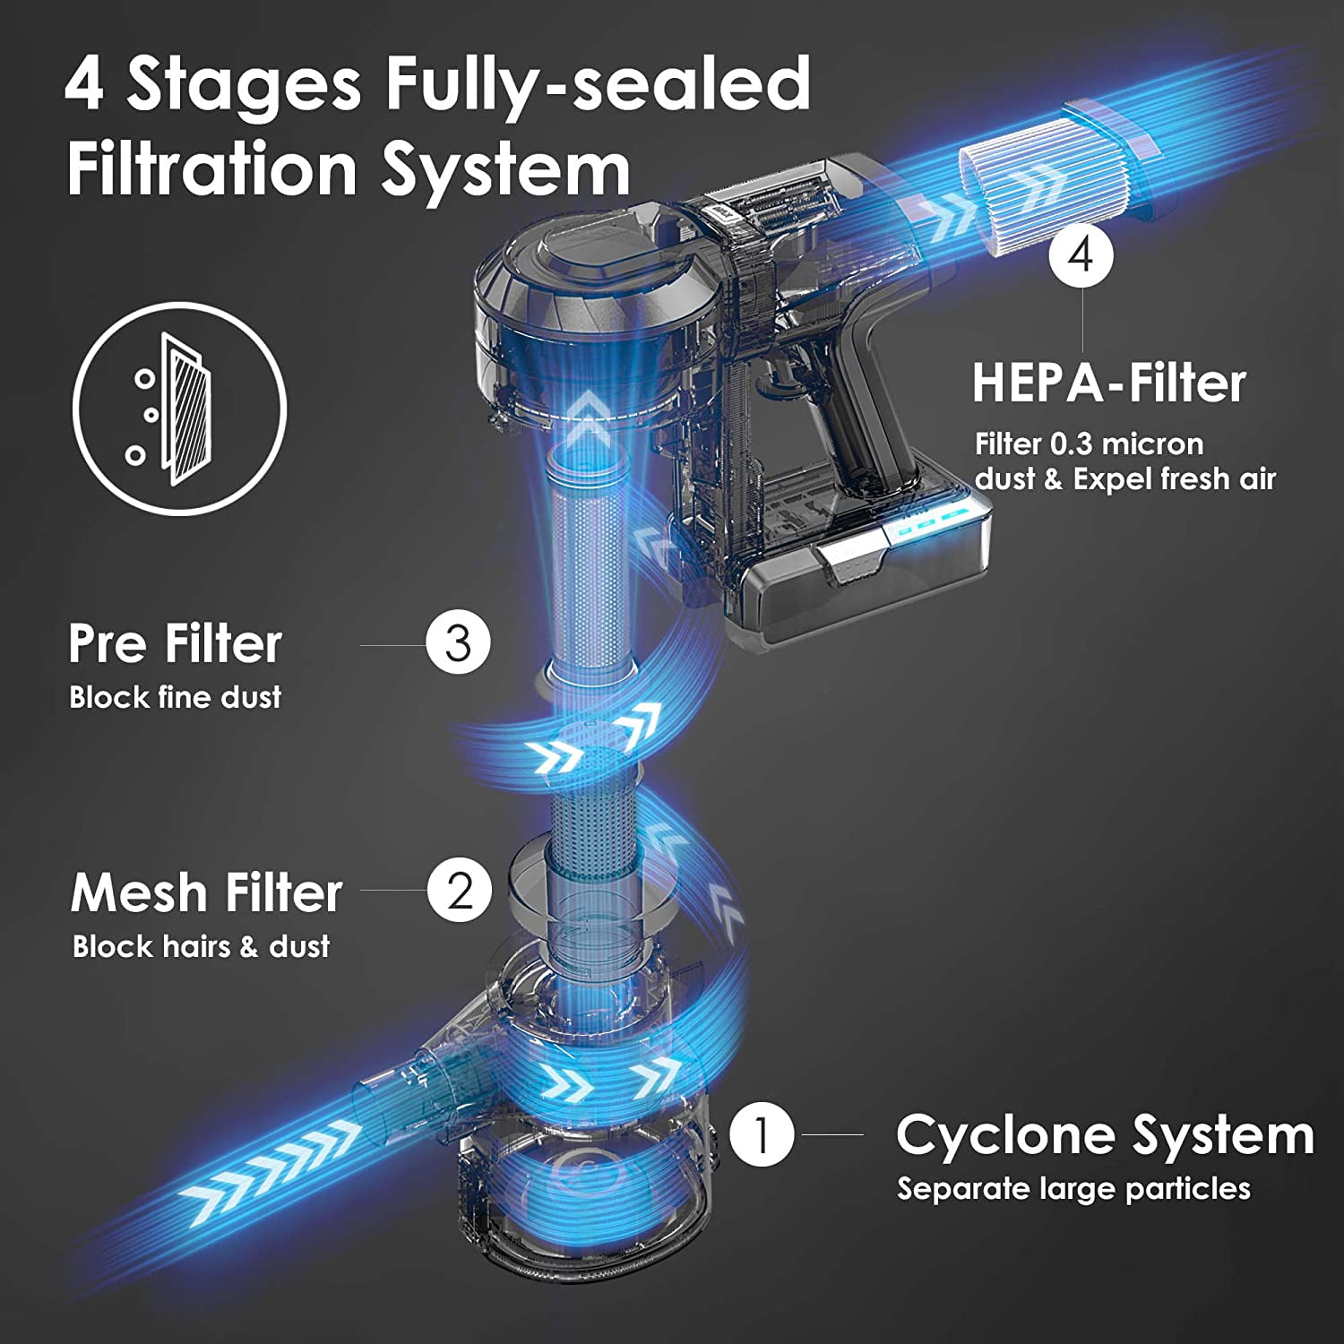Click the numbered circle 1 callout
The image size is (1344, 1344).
click(762, 1134)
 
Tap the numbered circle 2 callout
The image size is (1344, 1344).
click(460, 890)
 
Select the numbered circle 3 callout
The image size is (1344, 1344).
click(458, 642)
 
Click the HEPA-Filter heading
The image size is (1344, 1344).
click(1108, 383)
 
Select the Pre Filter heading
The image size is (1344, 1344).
click(176, 644)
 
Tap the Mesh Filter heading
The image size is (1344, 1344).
click(206, 893)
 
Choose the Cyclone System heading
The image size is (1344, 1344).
click(1104, 1135)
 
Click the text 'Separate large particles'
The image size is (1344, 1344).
click(1073, 1189)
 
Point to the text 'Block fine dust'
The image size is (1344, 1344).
click(176, 697)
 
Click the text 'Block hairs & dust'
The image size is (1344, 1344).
click(201, 946)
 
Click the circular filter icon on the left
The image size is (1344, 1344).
click(179, 409)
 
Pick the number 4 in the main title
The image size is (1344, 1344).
click(84, 84)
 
